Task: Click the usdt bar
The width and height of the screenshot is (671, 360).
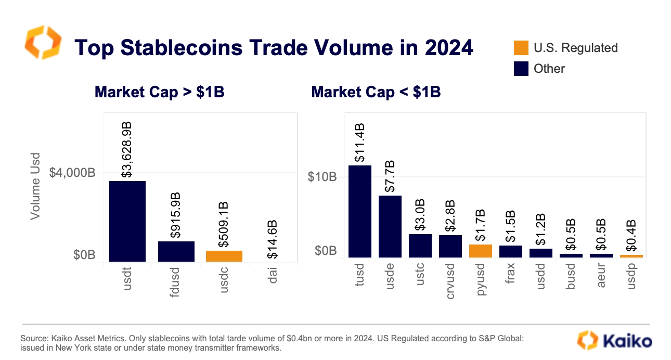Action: pyautogui.click(x=127, y=221)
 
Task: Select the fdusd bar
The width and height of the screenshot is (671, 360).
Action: pyautogui.click(x=176, y=251)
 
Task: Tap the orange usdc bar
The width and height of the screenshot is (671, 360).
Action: pyautogui.click(x=224, y=256)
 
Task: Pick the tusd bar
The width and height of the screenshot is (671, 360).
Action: pyautogui.click(x=360, y=211)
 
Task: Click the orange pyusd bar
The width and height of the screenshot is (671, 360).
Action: pyautogui.click(x=481, y=251)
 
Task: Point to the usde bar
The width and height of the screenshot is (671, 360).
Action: pyautogui.click(x=390, y=226)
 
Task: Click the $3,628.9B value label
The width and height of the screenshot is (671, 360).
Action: pyautogui.click(x=127, y=150)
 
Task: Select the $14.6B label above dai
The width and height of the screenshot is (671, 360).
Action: pyautogui.click(x=272, y=239)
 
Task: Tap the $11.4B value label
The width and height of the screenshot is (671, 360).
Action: pyautogui.click(x=360, y=143)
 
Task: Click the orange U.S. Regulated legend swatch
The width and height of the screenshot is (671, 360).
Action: pyautogui.click(x=521, y=48)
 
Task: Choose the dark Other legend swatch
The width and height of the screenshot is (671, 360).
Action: pyautogui.click(x=521, y=69)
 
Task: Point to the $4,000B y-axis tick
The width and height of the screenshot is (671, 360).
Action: pyautogui.click(x=72, y=173)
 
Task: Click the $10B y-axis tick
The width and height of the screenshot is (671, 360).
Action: pyautogui.click(x=322, y=177)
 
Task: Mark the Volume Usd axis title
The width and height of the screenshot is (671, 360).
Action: pyautogui.click(x=35, y=186)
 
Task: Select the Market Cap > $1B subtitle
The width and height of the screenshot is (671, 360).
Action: pyautogui.click(x=159, y=92)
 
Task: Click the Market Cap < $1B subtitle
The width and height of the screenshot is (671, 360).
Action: pyautogui.click(x=376, y=92)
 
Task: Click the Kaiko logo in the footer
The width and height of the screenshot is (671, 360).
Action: pyautogui.click(x=615, y=341)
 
